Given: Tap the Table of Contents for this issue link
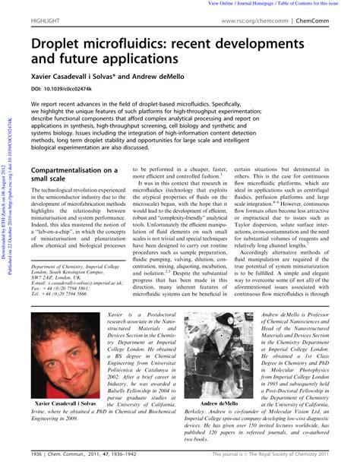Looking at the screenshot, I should (x=322, y=4).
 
